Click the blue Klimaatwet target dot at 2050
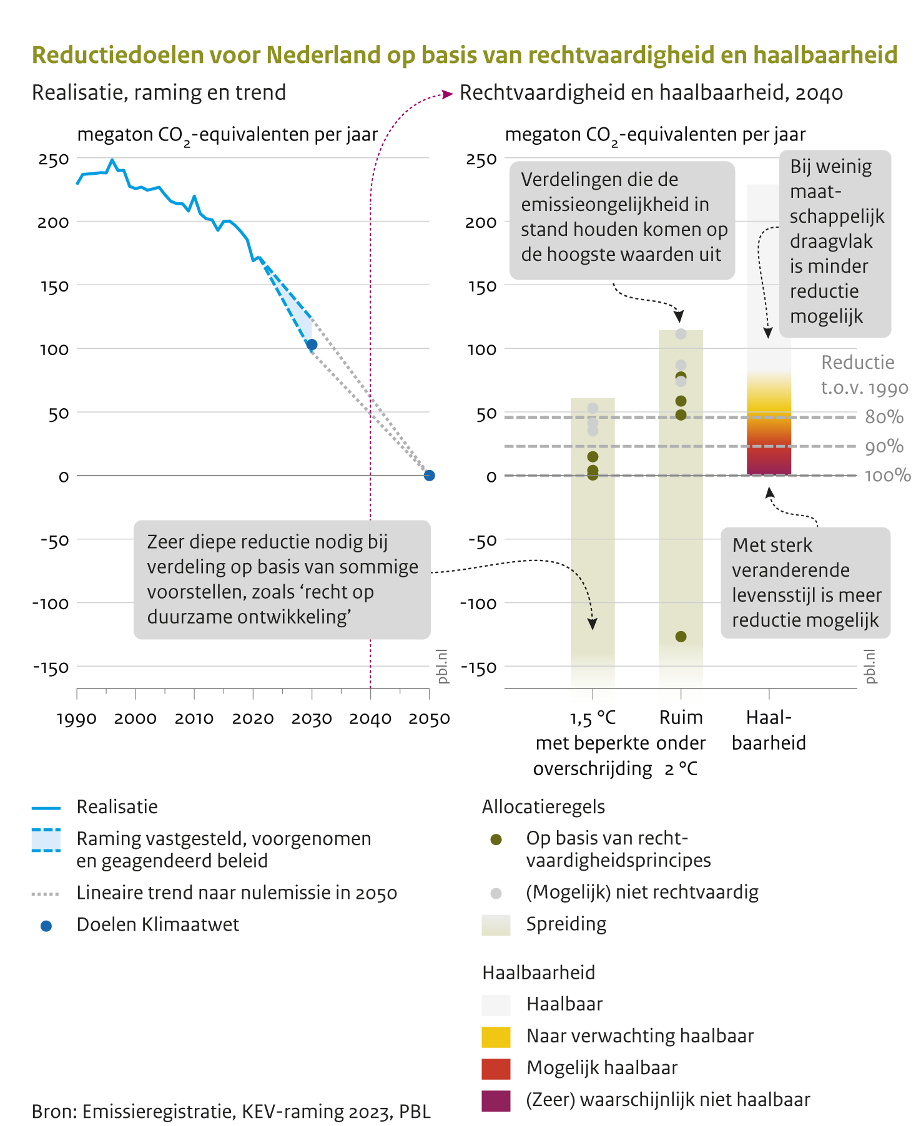point(429,476)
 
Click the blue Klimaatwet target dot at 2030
point(312,345)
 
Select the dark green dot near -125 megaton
point(681,637)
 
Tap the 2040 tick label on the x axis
point(370,719)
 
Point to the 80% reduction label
point(884,417)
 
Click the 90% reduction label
point(884,446)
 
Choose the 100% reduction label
point(887,476)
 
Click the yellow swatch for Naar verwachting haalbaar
point(496,1037)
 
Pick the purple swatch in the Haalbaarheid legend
point(496,1100)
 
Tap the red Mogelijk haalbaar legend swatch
point(496,1069)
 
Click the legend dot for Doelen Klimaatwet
point(46,926)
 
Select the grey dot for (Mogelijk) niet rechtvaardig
point(496,893)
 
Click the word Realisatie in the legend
point(117,807)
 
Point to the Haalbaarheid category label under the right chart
point(769,730)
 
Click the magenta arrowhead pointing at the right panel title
point(447,94)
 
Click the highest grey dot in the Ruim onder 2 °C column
point(681,334)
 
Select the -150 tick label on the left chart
point(51,667)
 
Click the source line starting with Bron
point(231,1112)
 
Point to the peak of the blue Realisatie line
point(112,160)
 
